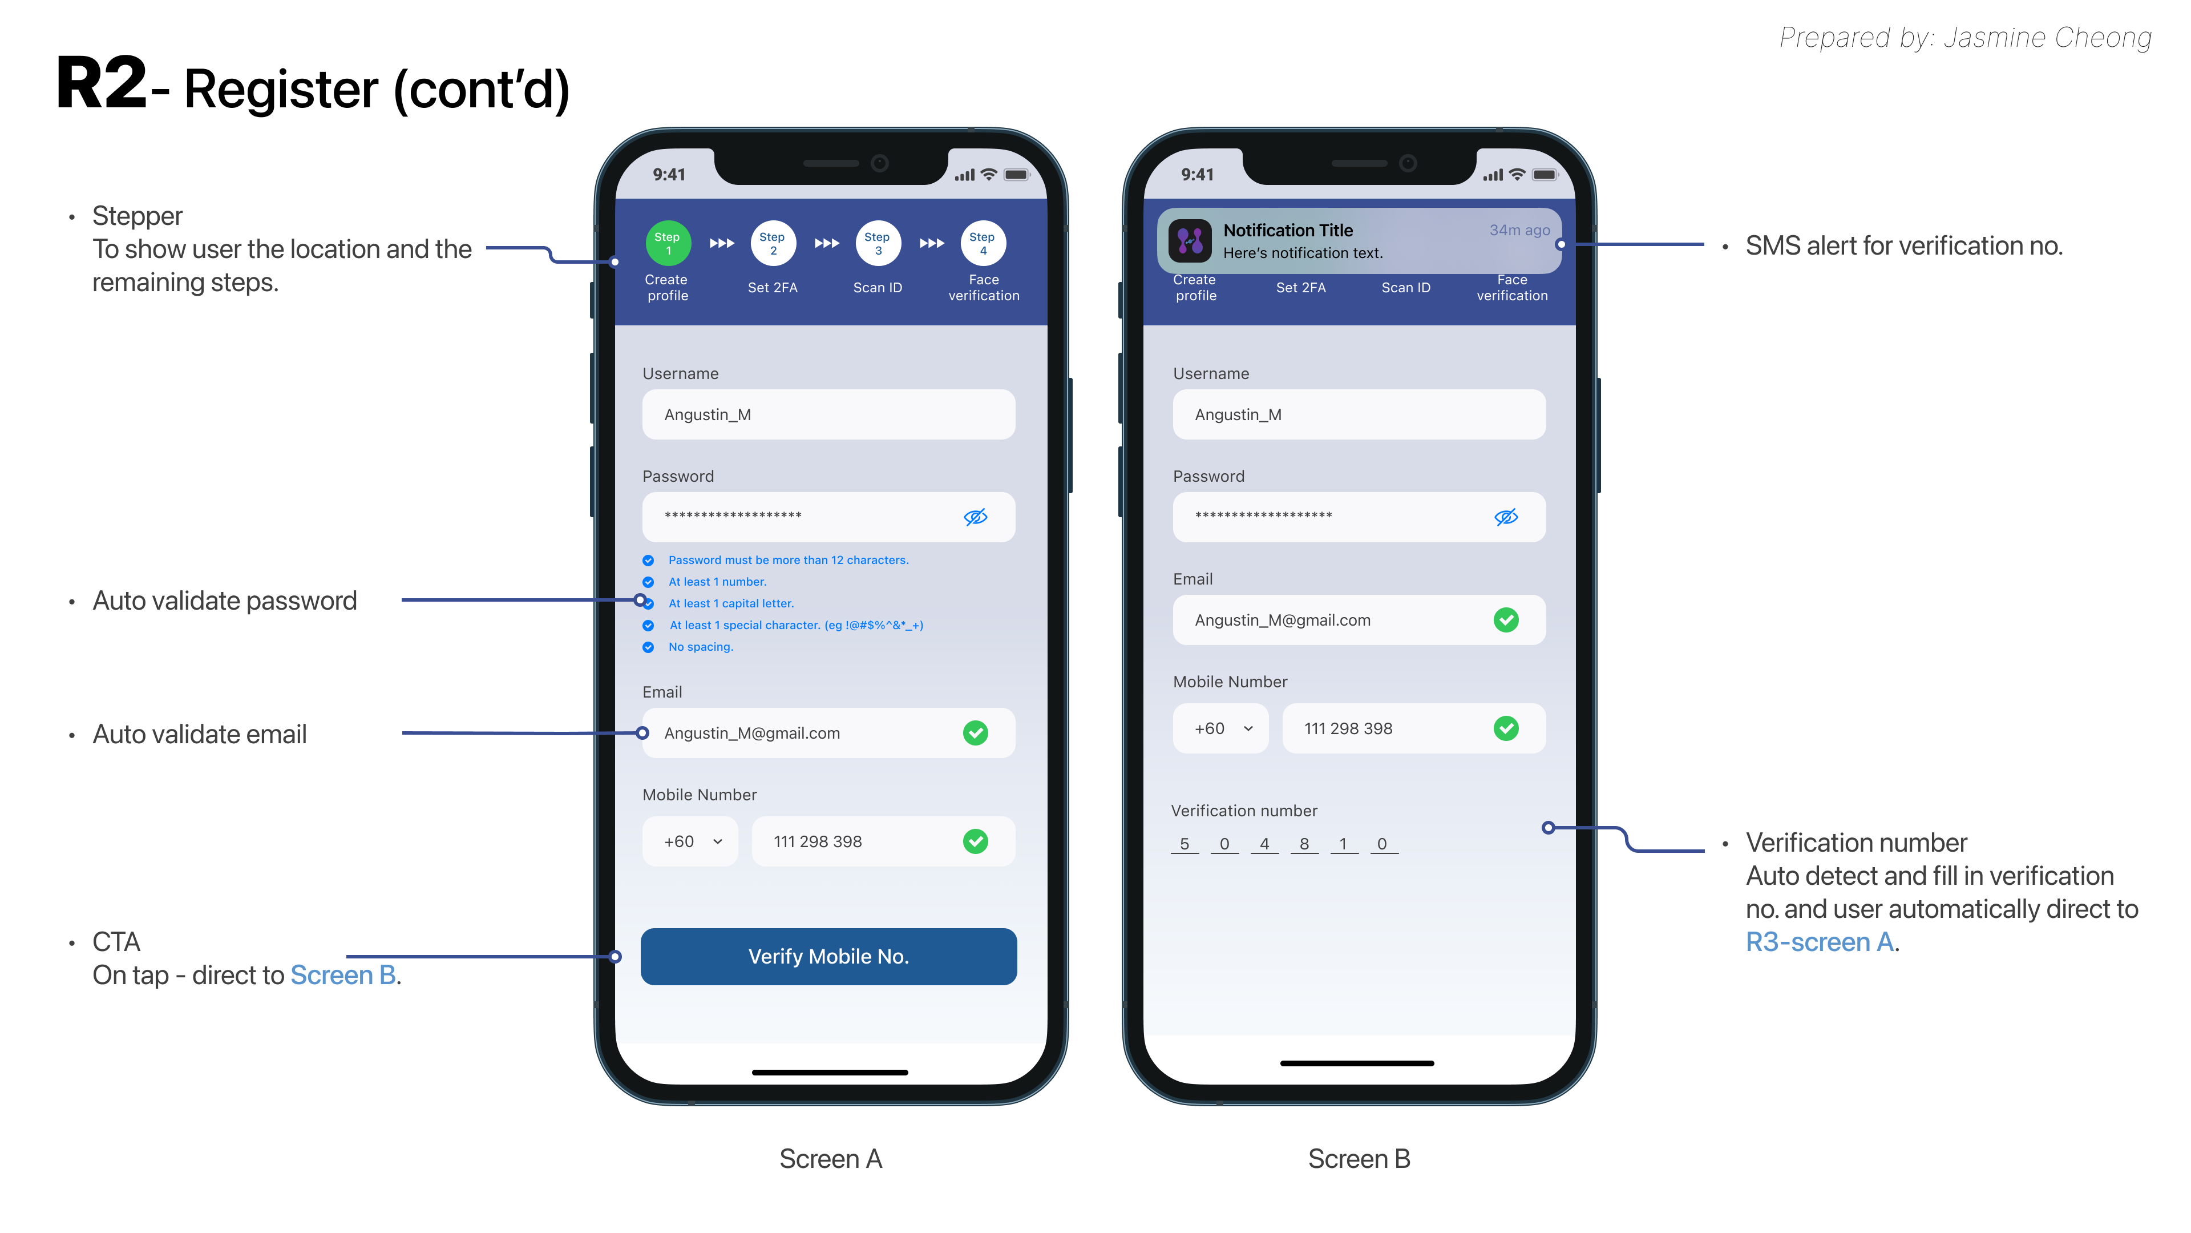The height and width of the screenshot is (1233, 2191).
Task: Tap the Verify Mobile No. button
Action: [828, 957]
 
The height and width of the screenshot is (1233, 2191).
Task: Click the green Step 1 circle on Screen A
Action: [668, 243]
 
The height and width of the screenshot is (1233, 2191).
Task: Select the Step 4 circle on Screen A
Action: [983, 243]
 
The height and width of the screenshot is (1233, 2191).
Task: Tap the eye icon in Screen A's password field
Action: [976, 517]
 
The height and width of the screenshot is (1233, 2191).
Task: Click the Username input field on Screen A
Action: [828, 414]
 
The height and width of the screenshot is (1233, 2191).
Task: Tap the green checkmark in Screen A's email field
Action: [976, 732]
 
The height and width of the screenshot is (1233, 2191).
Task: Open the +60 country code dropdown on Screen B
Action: [1220, 728]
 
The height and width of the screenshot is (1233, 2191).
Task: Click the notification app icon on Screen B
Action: [1190, 241]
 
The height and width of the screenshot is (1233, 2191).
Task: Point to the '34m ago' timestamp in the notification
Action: [1519, 229]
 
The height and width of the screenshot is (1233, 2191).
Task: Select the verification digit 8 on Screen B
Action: [1304, 844]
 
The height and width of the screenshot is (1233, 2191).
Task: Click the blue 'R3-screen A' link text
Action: [1820, 942]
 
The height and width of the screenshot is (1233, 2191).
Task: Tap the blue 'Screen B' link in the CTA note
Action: [343, 975]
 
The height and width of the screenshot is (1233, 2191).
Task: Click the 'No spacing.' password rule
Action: [700, 647]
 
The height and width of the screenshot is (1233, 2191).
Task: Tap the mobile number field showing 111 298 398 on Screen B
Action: [1414, 728]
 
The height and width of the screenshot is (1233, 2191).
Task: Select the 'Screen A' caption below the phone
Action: [830, 1159]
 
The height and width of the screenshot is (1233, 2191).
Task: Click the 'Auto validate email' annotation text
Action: [199, 734]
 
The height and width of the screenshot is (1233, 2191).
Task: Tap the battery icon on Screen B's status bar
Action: [1545, 175]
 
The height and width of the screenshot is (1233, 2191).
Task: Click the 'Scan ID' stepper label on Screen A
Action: [877, 288]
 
